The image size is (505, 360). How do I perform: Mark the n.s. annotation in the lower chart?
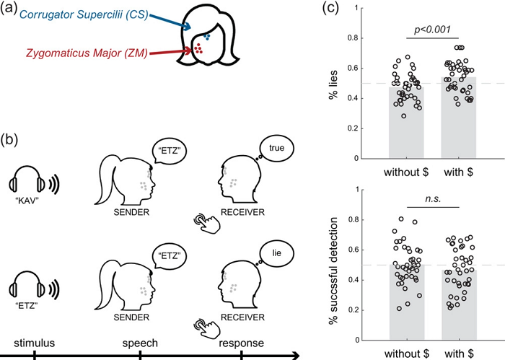pos(432,197)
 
